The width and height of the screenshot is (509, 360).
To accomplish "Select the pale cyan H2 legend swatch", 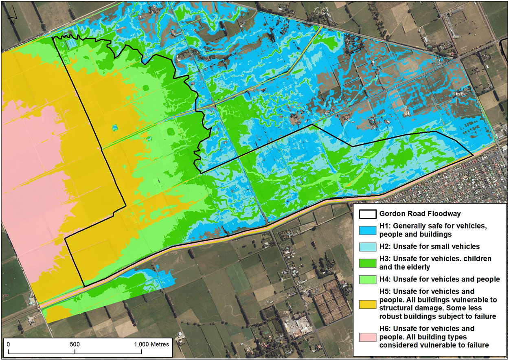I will click(x=368, y=246).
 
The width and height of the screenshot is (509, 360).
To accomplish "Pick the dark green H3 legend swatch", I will click(x=368, y=263).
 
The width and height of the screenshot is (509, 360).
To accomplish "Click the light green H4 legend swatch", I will click(x=368, y=279).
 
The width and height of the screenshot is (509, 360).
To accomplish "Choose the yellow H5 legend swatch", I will click(x=368, y=304).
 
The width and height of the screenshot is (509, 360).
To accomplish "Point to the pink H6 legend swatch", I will click(x=368, y=337).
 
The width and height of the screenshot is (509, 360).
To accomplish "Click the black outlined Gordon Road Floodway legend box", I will click(x=368, y=213).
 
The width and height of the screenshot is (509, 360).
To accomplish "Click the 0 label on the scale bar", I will click(x=8, y=344).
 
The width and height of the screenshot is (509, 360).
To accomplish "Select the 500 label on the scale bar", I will click(x=75, y=344).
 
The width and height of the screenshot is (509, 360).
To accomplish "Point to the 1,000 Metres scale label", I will click(x=151, y=344).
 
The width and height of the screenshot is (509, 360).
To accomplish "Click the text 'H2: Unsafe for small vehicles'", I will click(x=429, y=246).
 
